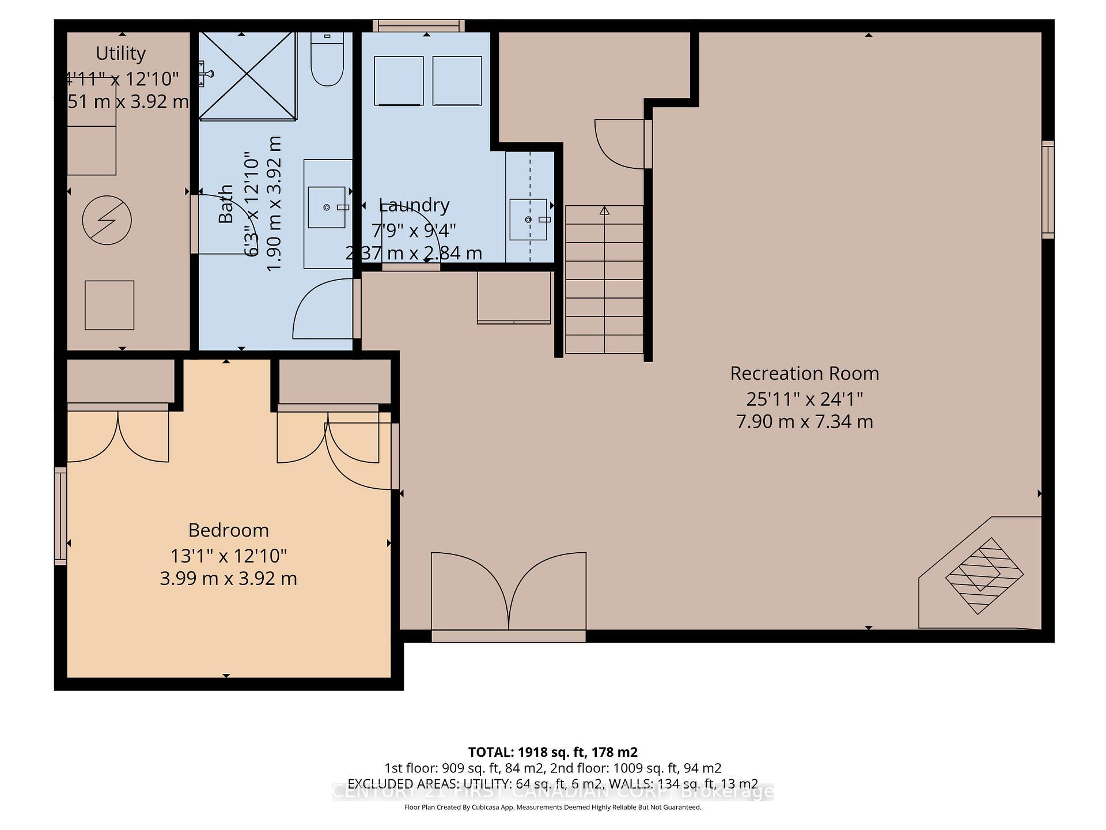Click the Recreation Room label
[x=804, y=373]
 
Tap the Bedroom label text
[x=228, y=530]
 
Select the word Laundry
[x=414, y=205]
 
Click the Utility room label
[x=120, y=53]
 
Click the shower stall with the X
[x=248, y=76]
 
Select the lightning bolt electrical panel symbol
[x=107, y=220]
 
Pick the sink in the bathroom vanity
[x=327, y=207]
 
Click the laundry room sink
[x=528, y=220]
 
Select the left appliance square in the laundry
[x=399, y=81]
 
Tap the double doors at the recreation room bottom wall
[x=509, y=594]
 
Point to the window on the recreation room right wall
[x=1048, y=190]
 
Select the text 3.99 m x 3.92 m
[x=228, y=578]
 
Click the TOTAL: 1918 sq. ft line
[x=552, y=752]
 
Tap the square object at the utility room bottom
[x=109, y=305]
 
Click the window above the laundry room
[x=418, y=25]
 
